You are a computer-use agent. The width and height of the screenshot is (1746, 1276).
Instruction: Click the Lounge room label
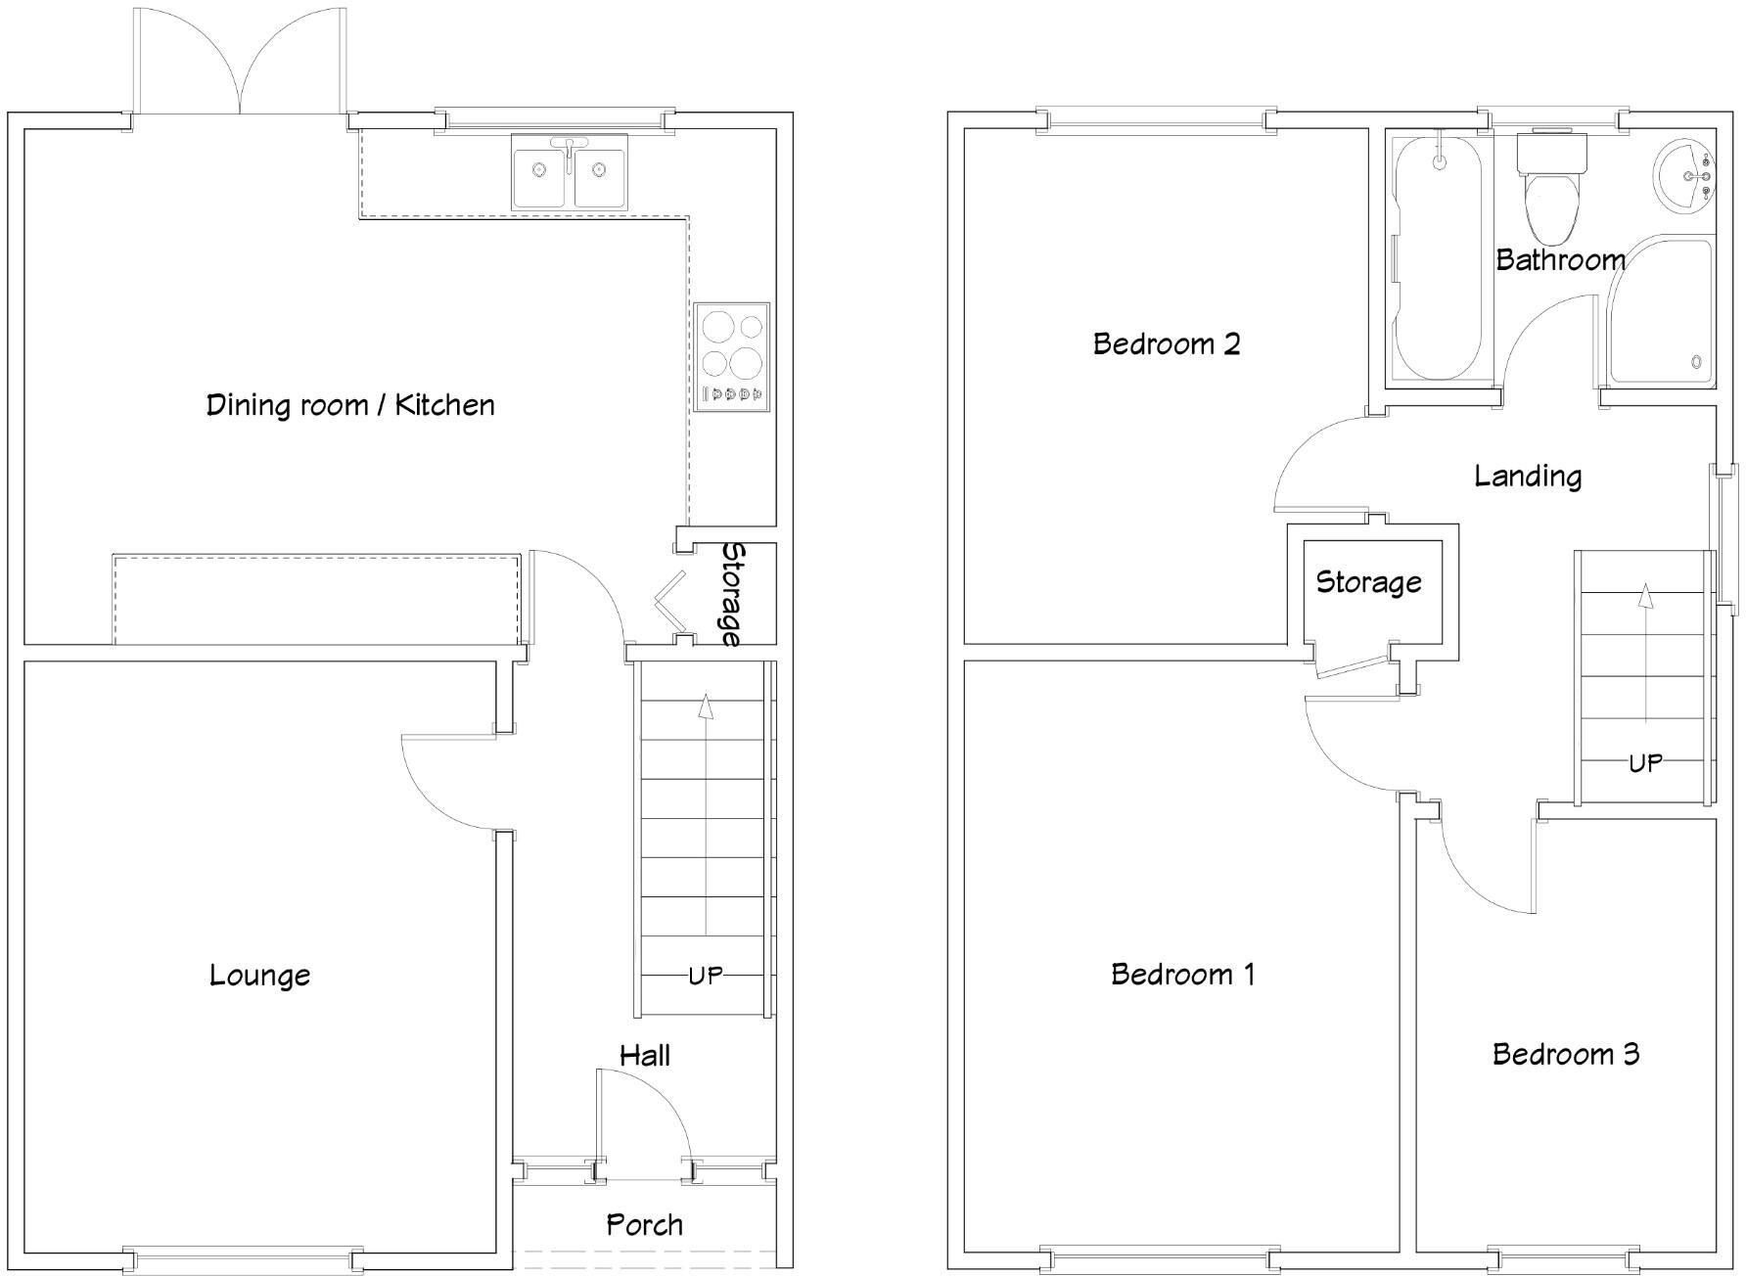(x=259, y=975)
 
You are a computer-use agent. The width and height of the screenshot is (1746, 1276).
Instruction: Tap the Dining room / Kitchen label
(x=349, y=405)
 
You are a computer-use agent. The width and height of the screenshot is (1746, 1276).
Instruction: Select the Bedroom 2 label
(x=1166, y=344)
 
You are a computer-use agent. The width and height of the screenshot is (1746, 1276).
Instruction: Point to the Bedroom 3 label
(x=1565, y=1054)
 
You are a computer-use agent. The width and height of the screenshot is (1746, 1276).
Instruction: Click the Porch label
(x=644, y=1224)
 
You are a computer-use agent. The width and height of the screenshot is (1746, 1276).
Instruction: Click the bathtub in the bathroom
(x=1437, y=259)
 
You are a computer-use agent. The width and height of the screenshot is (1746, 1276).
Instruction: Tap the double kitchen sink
(x=569, y=173)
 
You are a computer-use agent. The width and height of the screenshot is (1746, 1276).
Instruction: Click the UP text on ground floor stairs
(x=705, y=976)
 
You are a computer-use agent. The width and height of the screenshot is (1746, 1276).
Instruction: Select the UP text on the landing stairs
(x=1645, y=763)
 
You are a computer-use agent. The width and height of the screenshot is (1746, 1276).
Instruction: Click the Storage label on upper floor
(x=1368, y=582)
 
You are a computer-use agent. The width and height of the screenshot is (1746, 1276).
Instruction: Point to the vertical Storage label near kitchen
(x=731, y=594)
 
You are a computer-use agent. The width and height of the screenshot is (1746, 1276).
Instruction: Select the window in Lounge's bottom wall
(x=243, y=1258)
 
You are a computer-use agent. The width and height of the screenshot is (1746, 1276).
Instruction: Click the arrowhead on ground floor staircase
(x=705, y=706)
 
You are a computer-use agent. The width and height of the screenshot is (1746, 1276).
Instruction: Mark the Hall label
(x=644, y=1055)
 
